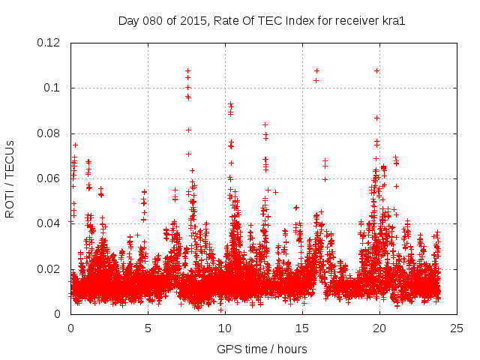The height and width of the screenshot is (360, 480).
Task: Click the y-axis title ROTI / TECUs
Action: [10, 178]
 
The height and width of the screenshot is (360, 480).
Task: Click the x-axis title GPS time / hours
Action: [262, 349]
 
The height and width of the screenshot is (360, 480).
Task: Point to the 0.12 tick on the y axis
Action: [52, 43]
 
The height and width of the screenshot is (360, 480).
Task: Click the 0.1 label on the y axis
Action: [55, 88]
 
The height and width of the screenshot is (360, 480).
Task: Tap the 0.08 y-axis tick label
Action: [52, 133]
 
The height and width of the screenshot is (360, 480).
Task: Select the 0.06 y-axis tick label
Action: [52, 178]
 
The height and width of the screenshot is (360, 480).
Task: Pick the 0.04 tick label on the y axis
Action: [52, 223]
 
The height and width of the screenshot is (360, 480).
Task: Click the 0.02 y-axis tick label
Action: [52, 269]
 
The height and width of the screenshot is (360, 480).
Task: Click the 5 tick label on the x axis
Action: [148, 328]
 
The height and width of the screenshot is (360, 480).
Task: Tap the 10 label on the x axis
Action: [225, 328]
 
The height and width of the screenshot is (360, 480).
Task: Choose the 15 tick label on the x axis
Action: [302, 328]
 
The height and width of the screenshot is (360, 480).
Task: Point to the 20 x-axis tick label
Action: [379, 328]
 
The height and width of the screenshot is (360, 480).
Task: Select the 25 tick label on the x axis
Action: [457, 328]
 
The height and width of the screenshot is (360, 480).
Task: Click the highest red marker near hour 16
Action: [316, 70]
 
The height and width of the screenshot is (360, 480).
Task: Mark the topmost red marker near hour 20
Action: [376, 70]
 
